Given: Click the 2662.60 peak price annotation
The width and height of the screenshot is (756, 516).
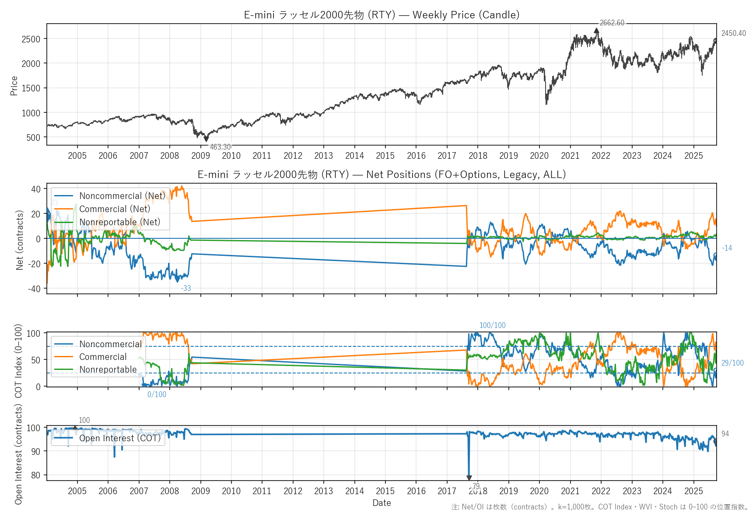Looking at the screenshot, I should point(612,23).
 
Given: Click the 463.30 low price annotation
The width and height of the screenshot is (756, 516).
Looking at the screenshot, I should point(220,147).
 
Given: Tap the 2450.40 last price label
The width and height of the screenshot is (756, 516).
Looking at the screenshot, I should point(733,33).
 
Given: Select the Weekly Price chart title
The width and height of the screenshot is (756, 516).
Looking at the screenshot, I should point(381,15).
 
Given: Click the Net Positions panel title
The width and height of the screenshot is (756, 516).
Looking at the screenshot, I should point(381,174).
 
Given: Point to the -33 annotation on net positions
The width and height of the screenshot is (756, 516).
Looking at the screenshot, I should point(186,288).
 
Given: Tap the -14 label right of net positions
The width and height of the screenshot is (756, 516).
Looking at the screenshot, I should point(727,248).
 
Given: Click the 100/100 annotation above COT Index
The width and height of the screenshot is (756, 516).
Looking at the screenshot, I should point(492,325).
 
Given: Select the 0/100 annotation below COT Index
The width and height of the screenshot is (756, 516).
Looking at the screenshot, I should point(157,394).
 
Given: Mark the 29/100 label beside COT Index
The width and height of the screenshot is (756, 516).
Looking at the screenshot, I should point(732,363).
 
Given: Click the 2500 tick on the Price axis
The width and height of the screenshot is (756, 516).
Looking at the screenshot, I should point(31,39).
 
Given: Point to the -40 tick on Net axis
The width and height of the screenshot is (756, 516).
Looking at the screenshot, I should point(34,289).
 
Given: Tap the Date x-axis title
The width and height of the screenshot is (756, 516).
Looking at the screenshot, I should point(381,503).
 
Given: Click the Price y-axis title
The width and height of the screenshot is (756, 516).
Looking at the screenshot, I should point(14,86).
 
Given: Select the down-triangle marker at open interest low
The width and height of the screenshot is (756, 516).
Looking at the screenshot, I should point(469,478).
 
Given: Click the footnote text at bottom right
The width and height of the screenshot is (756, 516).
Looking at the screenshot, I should point(600,507).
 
